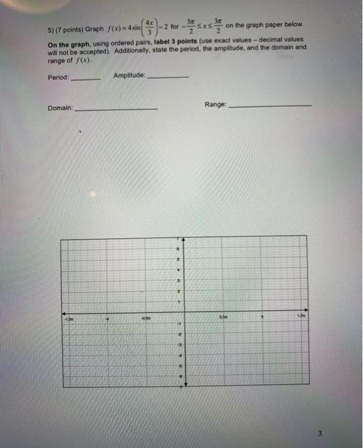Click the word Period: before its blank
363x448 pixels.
pos(58,78)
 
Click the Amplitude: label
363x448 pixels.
pos(129,76)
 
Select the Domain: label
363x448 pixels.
pos(61,108)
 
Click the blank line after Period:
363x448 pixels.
pos(86,80)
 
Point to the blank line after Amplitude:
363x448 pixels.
pos(168,77)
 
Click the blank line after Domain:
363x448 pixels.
pos(116,110)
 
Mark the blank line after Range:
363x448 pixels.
pos(270,106)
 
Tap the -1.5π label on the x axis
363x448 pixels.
pos(68,316)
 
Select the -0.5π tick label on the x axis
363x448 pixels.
pos(147,316)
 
